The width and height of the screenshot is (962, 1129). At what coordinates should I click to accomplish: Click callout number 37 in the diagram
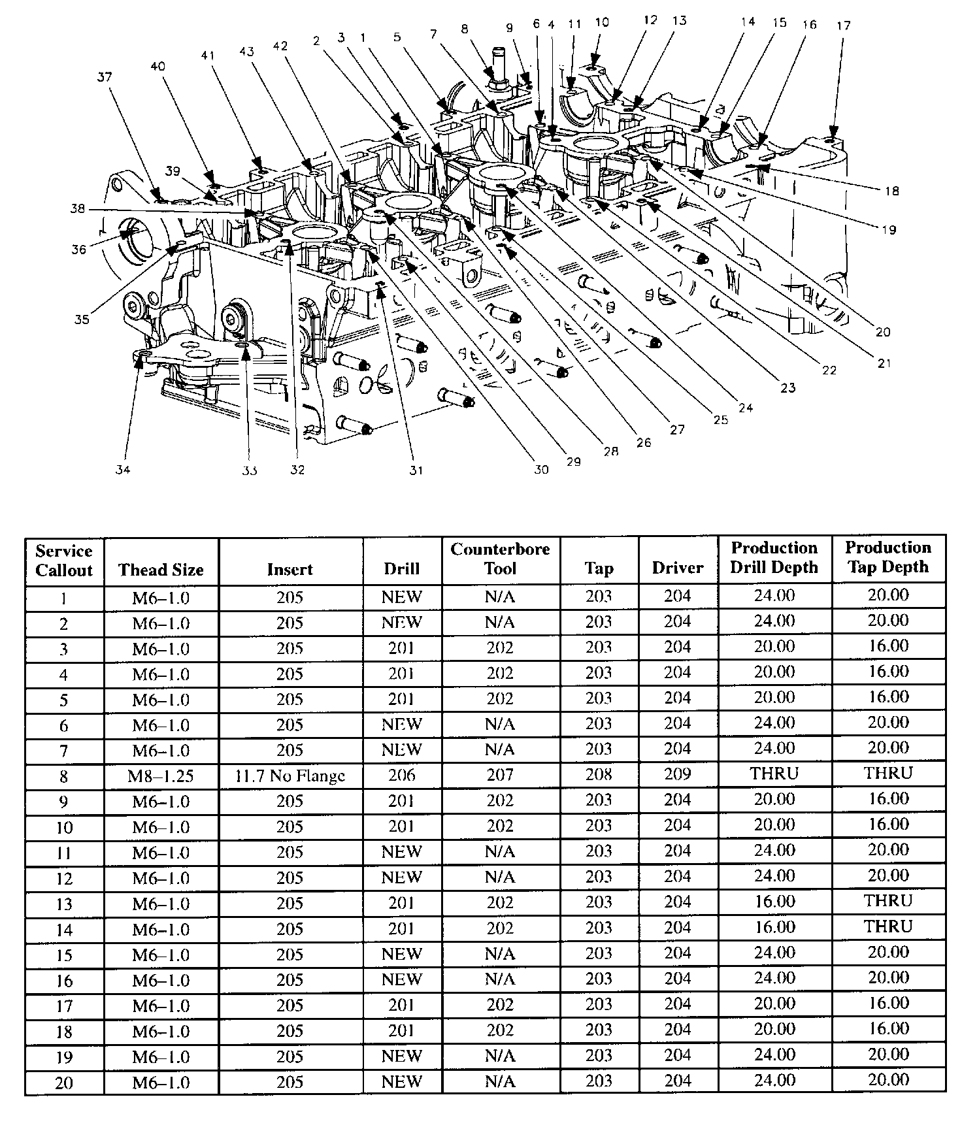click(105, 77)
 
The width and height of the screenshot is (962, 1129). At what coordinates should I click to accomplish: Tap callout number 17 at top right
click(843, 25)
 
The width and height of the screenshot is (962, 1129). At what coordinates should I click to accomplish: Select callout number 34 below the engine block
click(123, 469)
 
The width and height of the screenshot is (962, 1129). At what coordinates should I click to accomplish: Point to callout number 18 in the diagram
click(891, 191)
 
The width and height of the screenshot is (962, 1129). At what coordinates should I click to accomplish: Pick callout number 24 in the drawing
click(745, 408)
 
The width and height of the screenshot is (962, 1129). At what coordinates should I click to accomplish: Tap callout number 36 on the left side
click(79, 249)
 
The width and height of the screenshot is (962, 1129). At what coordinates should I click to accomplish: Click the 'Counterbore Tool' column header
click(500, 559)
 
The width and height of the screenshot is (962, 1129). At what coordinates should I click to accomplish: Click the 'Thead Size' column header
click(161, 570)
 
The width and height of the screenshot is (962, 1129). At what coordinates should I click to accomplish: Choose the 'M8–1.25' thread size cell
click(161, 776)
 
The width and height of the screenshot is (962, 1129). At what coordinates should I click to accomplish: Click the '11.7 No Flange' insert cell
click(290, 776)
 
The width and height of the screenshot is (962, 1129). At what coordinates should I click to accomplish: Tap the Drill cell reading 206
click(401, 776)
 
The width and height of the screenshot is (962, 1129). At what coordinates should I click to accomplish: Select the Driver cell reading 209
click(677, 775)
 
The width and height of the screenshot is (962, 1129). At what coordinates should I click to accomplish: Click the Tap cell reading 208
click(599, 775)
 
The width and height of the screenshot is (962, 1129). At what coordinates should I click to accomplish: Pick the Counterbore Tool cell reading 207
click(500, 775)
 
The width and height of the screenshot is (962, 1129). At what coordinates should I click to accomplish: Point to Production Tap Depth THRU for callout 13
click(887, 901)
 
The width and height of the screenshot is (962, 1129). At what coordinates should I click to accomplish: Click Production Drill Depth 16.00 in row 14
click(774, 927)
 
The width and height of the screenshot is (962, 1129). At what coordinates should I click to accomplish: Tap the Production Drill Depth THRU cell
click(774, 774)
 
